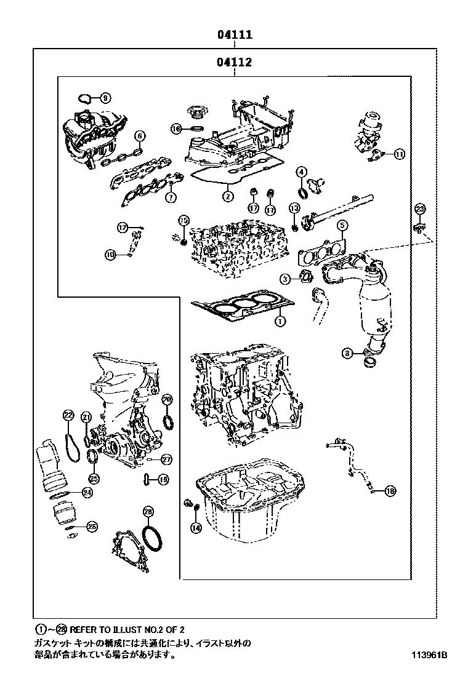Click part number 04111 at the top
coord(234,36)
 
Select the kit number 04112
coord(234,62)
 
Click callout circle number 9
coord(105,97)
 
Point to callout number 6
coord(140,135)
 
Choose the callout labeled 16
coord(176,129)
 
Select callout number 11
coord(399,154)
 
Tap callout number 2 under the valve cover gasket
coord(228,197)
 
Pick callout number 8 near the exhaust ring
coord(348,353)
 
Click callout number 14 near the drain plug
coord(196,527)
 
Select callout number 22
coord(68,415)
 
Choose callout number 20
coord(167,400)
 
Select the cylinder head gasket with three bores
coord(243,306)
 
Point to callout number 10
coord(111,253)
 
